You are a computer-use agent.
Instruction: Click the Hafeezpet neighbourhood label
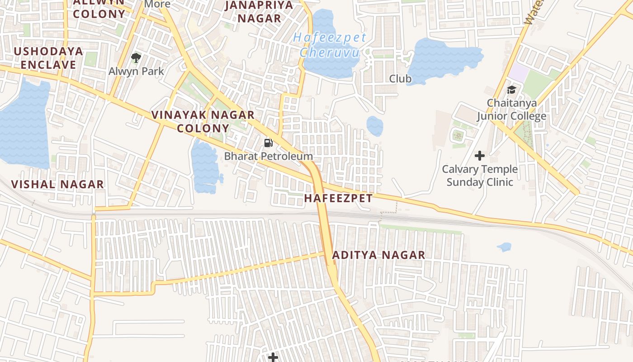coord(338,198)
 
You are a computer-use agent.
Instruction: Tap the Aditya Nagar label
coord(378,255)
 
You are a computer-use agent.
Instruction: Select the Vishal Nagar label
coord(57,185)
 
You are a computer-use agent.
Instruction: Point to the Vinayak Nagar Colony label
coord(203,121)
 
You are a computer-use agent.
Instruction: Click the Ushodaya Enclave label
coord(48,58)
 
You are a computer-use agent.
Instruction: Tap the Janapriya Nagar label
coord(259,12)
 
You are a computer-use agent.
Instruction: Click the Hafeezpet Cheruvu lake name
coord(329,45)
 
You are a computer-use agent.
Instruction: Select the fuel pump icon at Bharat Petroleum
coord(269,143)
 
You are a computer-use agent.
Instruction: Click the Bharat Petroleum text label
coord(269,157)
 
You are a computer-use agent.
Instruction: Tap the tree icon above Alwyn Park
coord(136,58)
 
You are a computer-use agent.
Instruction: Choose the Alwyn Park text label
coord(136,71)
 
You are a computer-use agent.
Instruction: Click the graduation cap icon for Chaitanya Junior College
coord(511,90)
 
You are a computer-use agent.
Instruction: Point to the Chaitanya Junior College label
coord(511,110)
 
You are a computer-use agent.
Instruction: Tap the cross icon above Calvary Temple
coord(480,156)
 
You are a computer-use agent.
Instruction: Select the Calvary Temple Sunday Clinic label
coord(480,176)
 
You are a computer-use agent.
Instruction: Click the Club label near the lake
coord(400,79)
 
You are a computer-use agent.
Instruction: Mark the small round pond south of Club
coord(374,126)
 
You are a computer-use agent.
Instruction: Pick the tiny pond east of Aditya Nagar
coord(504,247)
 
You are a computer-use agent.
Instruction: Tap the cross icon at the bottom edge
coord(273,357)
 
